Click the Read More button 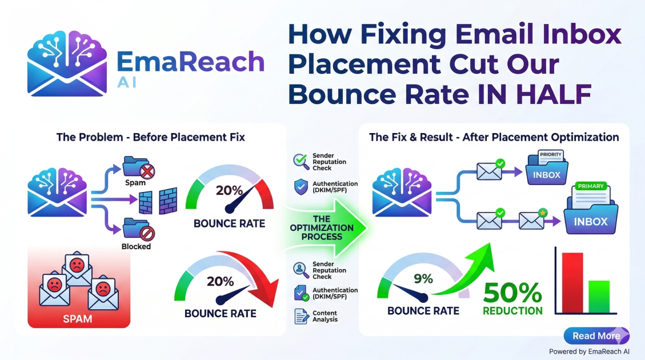tap(596, 336)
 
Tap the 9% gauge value tap(423, 279)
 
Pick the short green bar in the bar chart tap(599, 296)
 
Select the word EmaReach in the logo tap(191, 62)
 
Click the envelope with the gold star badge tap(530, 220)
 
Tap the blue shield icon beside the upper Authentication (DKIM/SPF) tap(301, 187)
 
